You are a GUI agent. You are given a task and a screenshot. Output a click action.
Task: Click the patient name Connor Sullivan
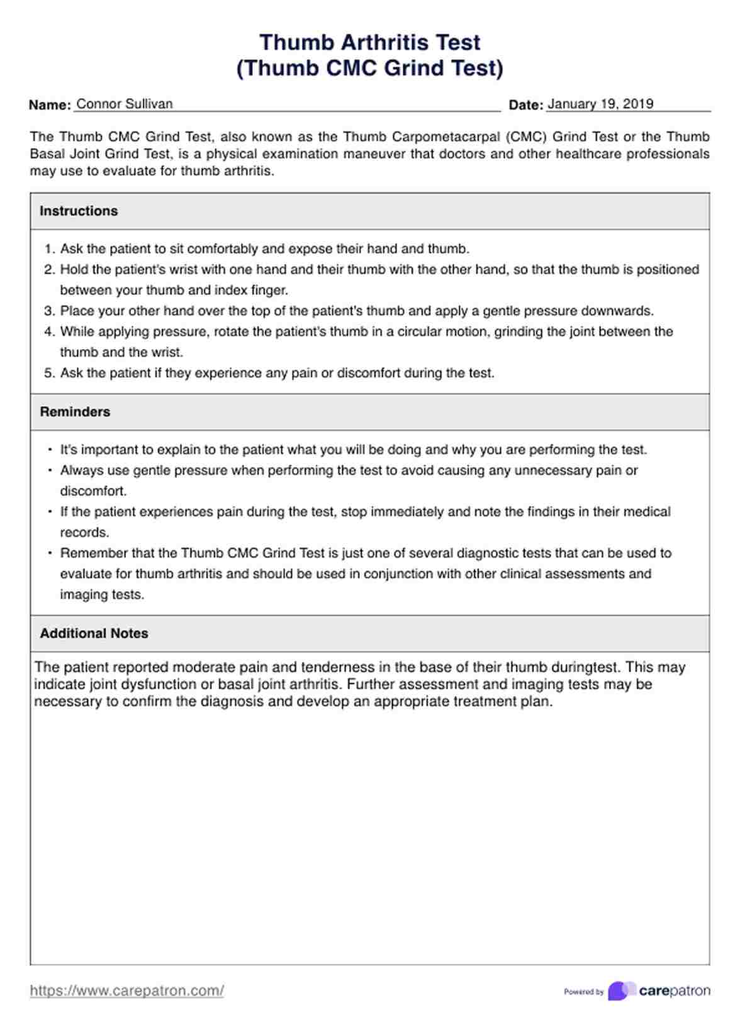click(125, 104)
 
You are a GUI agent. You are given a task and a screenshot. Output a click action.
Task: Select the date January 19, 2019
click(600, 104)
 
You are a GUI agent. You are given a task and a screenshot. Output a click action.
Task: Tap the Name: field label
click(50, 105)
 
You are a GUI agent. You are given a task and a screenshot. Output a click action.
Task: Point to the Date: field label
click(525, 105)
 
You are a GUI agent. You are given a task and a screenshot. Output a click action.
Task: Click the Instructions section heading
click(79, 211)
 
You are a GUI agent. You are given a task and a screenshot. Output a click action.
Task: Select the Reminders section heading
click(75, 412)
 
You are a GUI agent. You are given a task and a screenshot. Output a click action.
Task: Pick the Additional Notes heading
click(94, 633)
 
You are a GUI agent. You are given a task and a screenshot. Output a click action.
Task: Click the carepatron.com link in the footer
click(126, 991)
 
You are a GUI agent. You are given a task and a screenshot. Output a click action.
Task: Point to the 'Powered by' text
click(583, 992)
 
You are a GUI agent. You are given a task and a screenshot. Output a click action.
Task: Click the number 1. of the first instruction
click(50, 249)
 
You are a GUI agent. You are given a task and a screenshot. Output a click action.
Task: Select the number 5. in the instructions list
click(50, 374)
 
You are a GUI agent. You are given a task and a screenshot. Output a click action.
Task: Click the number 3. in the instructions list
click(50, 311)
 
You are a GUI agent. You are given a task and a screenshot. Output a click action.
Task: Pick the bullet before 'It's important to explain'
click(50, 450)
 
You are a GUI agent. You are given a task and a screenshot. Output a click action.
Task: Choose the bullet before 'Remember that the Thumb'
click(50, 553)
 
